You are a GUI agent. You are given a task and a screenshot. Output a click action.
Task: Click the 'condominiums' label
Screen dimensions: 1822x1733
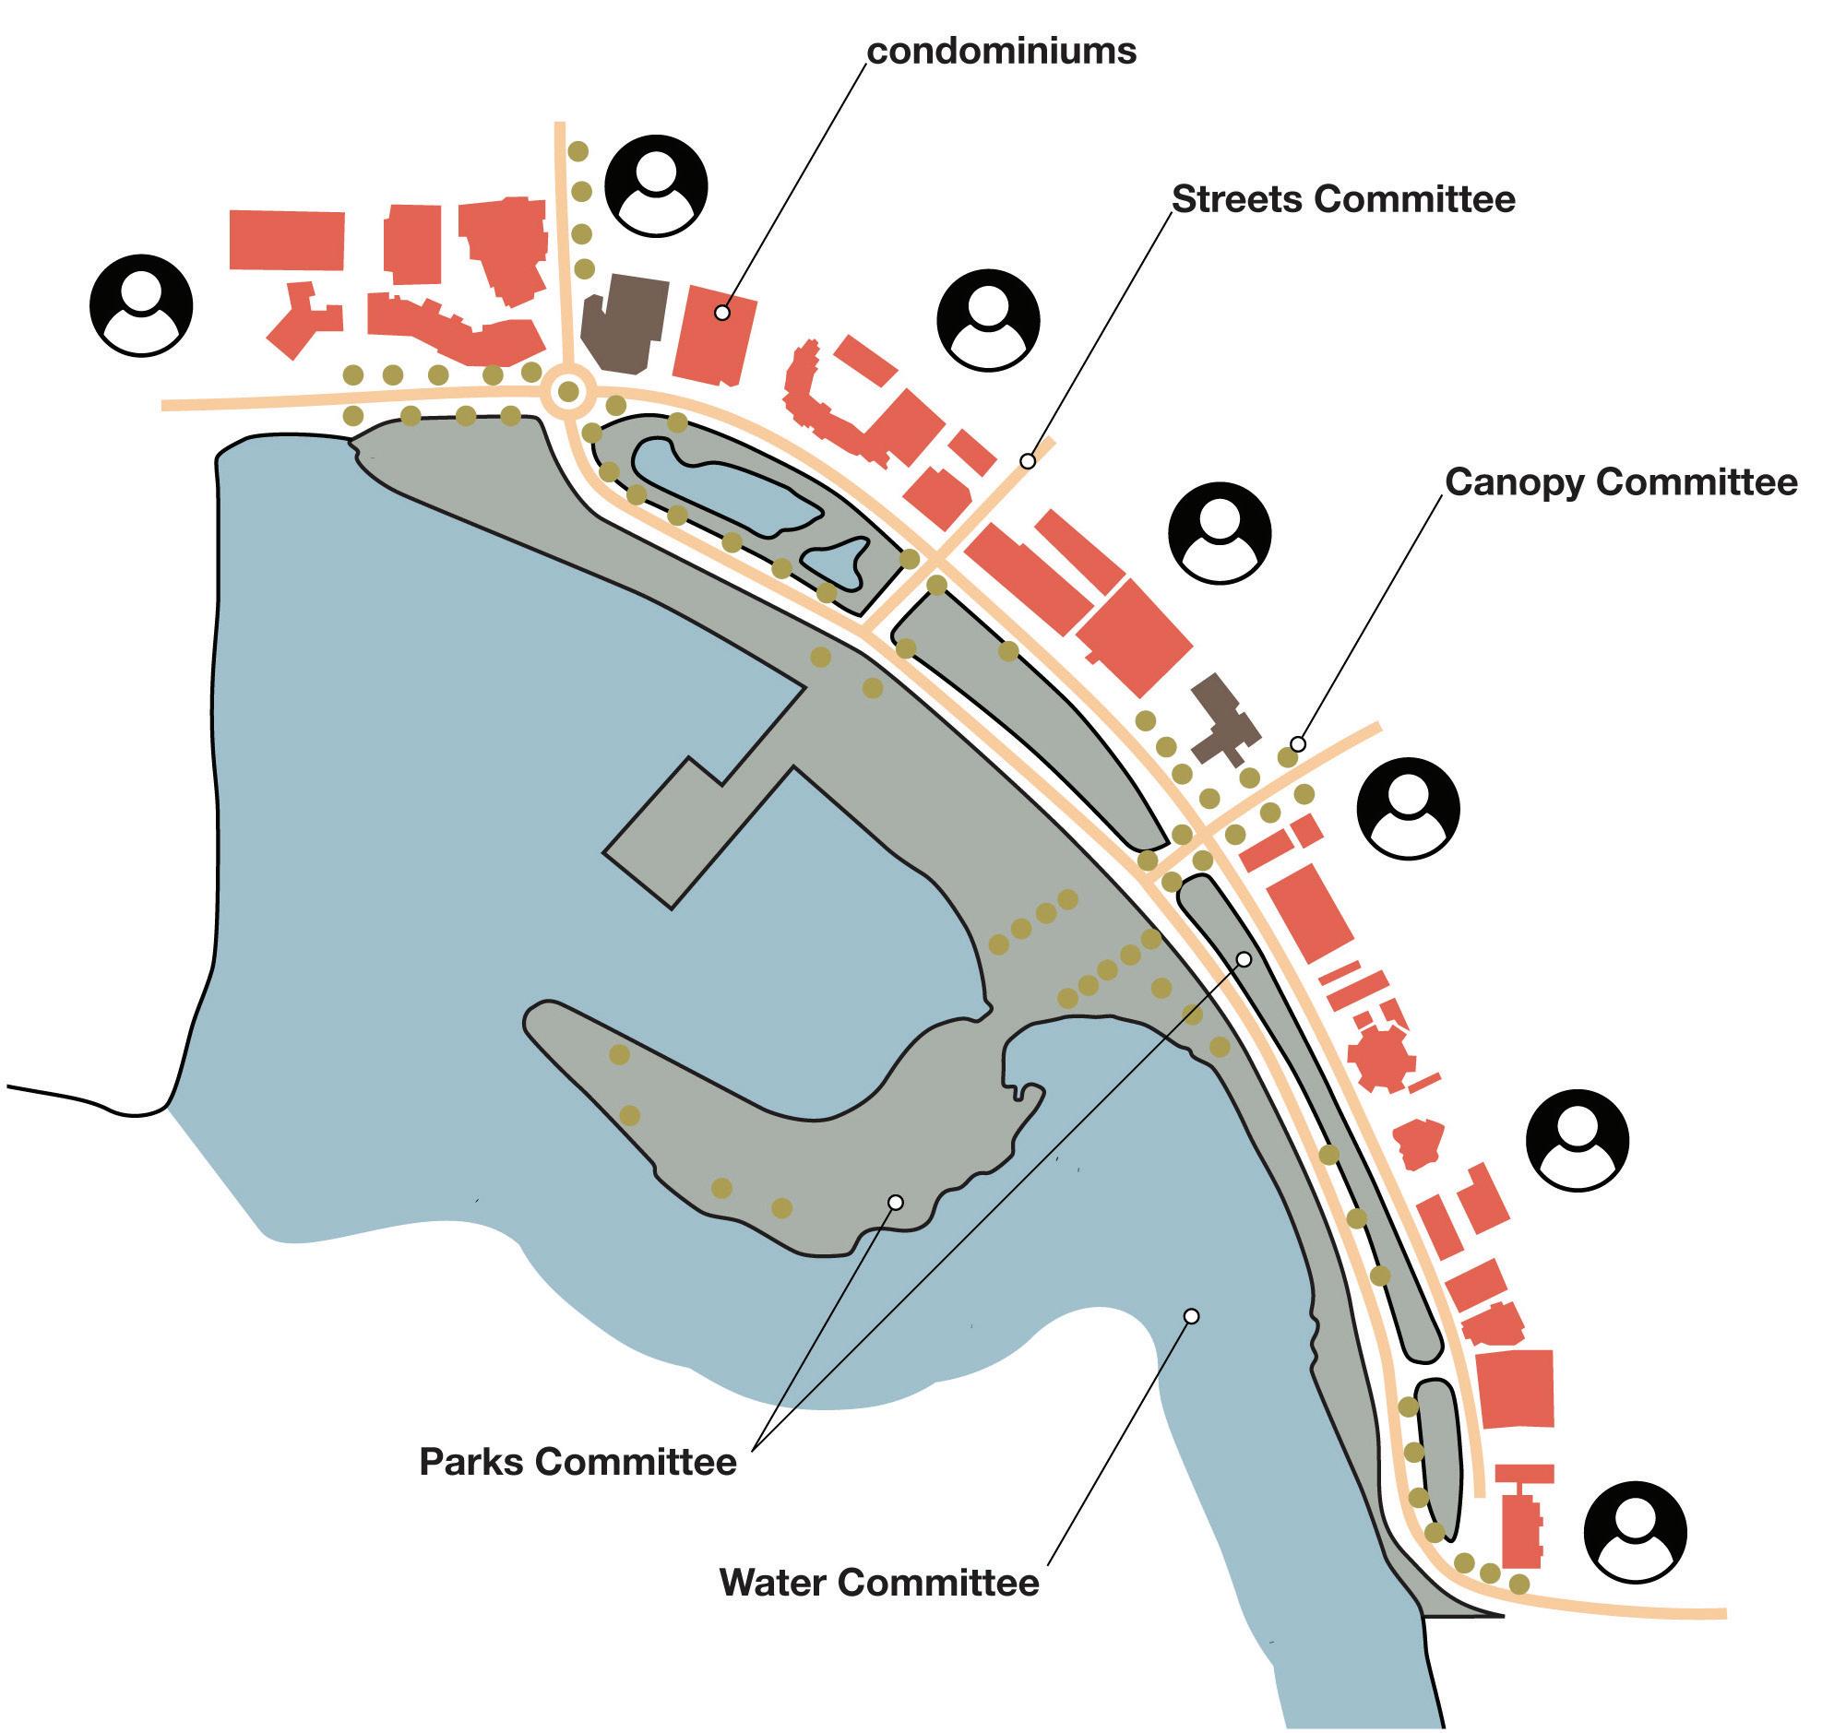[1002, 52]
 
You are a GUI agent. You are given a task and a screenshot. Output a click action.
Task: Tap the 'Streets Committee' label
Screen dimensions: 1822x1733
[1343, 199]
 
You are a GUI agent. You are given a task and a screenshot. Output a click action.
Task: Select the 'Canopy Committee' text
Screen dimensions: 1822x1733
[1621, 482]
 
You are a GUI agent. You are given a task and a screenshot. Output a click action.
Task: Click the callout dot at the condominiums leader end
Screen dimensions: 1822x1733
[722, 314]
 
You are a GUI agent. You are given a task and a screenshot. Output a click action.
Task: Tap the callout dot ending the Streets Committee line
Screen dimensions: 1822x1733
[1028, 461]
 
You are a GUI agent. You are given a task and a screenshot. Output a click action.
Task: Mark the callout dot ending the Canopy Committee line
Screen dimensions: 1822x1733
[1298, 744]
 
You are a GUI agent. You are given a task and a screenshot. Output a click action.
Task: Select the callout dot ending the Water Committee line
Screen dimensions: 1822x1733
[1192, 1316]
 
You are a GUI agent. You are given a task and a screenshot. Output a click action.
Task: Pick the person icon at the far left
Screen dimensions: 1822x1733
[141, 305]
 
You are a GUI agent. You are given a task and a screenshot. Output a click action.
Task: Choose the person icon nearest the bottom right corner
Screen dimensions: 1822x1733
[1635, 1533]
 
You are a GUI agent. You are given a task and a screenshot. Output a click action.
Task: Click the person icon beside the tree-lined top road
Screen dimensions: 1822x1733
[656, 186]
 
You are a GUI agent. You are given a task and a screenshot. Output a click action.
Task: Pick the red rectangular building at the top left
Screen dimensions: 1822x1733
[286, 240]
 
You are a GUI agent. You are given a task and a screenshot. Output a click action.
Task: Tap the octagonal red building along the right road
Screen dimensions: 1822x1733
[1381, 1057]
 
